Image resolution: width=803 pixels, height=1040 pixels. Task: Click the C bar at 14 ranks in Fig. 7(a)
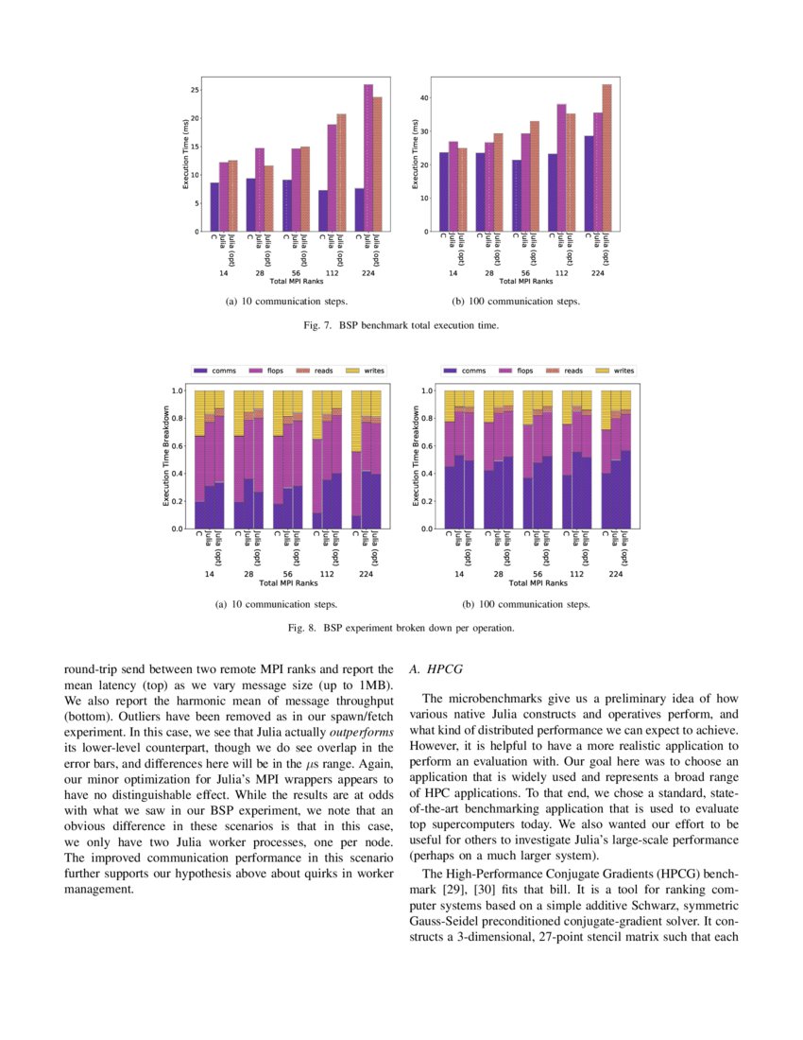pos(214,207)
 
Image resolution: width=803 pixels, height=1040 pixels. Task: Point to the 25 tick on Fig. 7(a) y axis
pos(194,90)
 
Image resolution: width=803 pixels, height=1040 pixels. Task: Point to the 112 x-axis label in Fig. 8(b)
pos(575,574)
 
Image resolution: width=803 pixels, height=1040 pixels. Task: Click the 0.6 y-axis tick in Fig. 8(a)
pos(178,445)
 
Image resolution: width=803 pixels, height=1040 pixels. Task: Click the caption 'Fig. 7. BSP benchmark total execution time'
pos(401,324)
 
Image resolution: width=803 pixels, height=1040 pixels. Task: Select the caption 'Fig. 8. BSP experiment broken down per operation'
pos(401,627)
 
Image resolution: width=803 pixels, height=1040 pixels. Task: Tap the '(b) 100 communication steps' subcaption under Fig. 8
pos(526,604)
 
